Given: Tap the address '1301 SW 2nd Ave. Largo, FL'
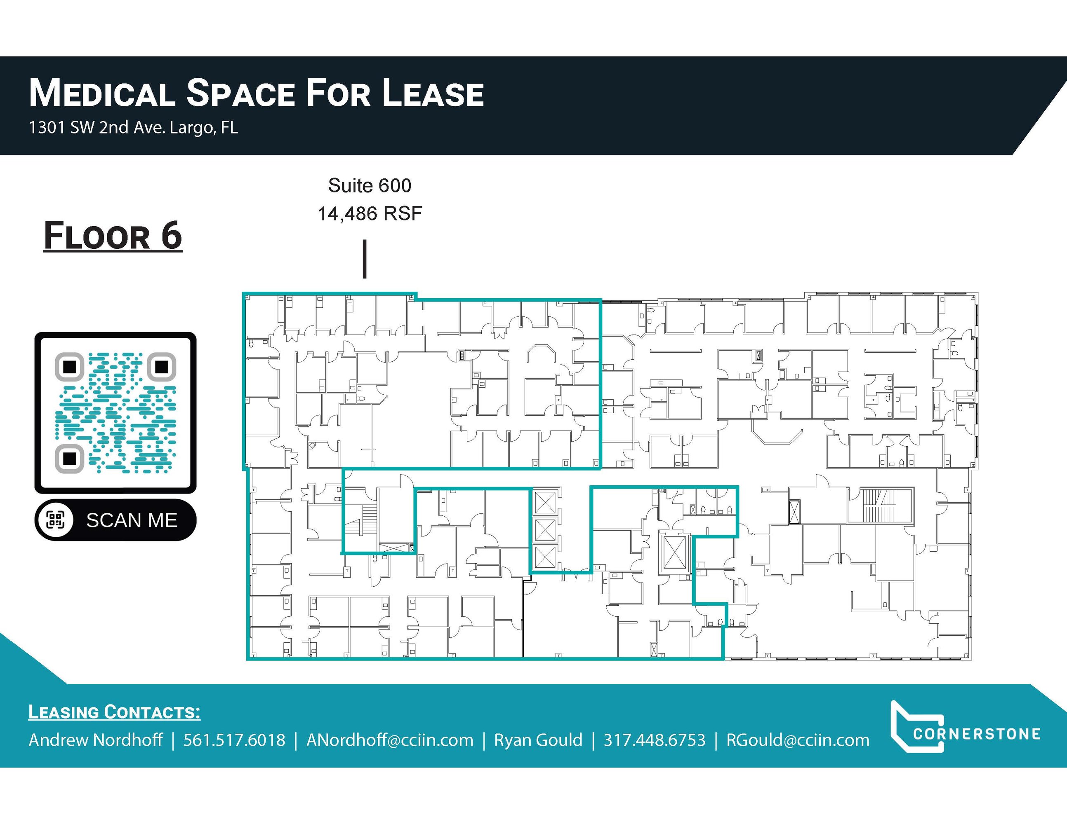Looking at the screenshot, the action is pos(133,127).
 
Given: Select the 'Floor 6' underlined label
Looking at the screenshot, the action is pos(113,236).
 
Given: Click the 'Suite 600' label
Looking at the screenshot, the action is pos(370,185).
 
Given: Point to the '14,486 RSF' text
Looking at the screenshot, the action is pos(370,214).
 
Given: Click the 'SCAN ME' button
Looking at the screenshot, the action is pos(115,520).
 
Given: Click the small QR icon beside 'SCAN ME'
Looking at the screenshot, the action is pos(55,520).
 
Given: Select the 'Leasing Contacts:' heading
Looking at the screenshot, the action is pos(114,712).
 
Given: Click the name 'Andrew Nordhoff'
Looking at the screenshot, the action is pos(96,740).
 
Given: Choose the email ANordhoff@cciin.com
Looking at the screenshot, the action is pos(390,740).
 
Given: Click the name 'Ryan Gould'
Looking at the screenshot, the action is pos(538,740).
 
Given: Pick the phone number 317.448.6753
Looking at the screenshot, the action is pos(655,740).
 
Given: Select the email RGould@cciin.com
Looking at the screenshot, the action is pos(798,740).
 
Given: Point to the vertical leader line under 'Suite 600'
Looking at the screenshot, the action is pos(365,259).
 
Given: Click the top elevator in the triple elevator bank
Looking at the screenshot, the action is pos(545,503).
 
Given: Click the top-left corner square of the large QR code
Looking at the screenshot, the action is pos(69,367).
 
